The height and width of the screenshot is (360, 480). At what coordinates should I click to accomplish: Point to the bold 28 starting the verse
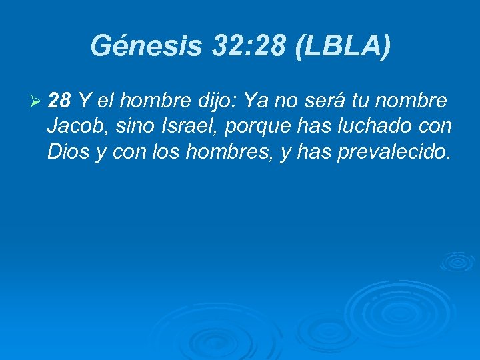(x=60, y=101)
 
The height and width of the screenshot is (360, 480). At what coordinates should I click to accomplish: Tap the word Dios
(x=67, y=152)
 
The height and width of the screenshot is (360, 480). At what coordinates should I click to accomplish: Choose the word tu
(x=353, y=101)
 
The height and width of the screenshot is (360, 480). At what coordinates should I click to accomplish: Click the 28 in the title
(x=271, y=46)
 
